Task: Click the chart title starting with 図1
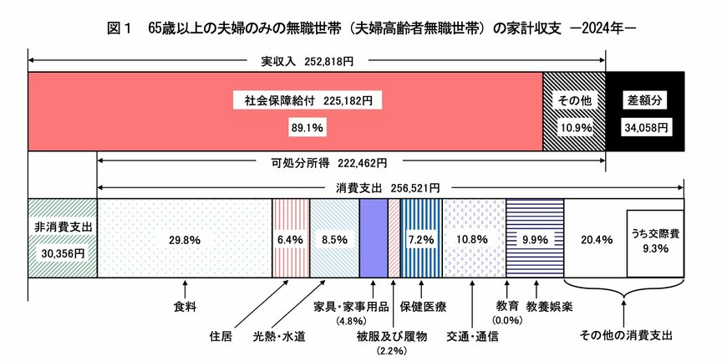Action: tap(363, 26)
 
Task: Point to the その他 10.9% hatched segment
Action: tap(574, 112)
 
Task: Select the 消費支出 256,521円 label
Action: tap(389, 187)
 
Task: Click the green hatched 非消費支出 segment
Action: tap(63, 238)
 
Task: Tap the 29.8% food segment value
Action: tap(184, 239)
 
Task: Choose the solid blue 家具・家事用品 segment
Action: tap(373, 238)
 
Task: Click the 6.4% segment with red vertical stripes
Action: tap(291, 239)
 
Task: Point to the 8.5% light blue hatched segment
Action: tap(334, 239)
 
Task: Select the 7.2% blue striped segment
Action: tap(421, 239)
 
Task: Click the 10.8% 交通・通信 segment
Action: tap(473, 239)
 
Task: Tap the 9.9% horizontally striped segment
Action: tap(535, 239)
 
